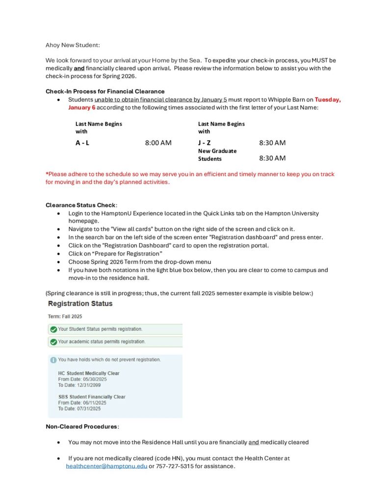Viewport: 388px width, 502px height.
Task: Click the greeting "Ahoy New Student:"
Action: (73, 45)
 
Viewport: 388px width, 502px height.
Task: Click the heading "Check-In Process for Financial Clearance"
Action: (105, 91)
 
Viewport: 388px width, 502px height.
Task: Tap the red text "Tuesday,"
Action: (328, 99)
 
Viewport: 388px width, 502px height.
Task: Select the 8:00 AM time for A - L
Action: (158, 143)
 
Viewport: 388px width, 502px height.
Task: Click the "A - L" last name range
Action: (82, 143)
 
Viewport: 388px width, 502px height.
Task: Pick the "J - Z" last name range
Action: (205, 143)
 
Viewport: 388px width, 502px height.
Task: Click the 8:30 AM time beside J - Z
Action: (272, 143)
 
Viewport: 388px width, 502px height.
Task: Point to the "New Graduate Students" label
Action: (217, 155)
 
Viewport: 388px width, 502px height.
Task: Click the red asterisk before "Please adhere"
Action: (47, 174)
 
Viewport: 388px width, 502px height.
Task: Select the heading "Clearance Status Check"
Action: (81, 205)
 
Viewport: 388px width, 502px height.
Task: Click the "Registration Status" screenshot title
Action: (80, 303)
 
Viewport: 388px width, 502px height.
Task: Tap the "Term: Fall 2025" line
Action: (65, 317)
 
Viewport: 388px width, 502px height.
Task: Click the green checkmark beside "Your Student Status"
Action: (53, 328)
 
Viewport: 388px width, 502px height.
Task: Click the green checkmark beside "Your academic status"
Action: (53, 341)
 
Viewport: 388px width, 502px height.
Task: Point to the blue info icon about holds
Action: (53, 360)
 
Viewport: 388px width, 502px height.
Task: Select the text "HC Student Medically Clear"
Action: (89, 373)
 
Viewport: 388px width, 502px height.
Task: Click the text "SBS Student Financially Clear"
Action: (92, 397)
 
